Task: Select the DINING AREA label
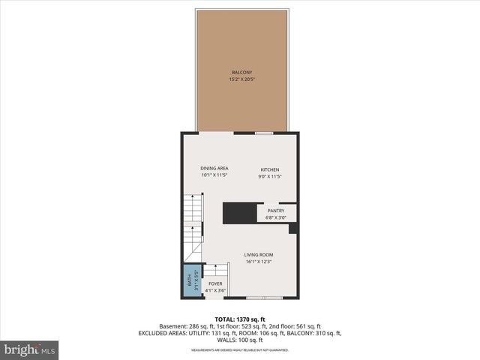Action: (214, 168)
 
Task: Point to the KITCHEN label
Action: (270, 169)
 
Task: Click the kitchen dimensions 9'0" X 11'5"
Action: (270, 176)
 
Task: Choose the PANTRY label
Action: (276, 211)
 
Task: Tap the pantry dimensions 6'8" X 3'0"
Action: (276, 218)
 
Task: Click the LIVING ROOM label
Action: (259, 255)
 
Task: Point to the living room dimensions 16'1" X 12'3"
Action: (259, 262)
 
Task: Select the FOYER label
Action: (215, 283)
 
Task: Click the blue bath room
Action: (190, 280)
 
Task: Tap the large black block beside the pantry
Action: (240, 212)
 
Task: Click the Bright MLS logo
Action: (30, 349)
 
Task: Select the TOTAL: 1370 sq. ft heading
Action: (240, 319)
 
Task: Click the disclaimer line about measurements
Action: (240, 349)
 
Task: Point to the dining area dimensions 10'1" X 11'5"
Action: (214, 175)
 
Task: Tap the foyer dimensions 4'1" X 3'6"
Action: (215, 290)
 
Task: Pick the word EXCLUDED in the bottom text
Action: (154, 333)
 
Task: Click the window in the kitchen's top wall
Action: (263, 133)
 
